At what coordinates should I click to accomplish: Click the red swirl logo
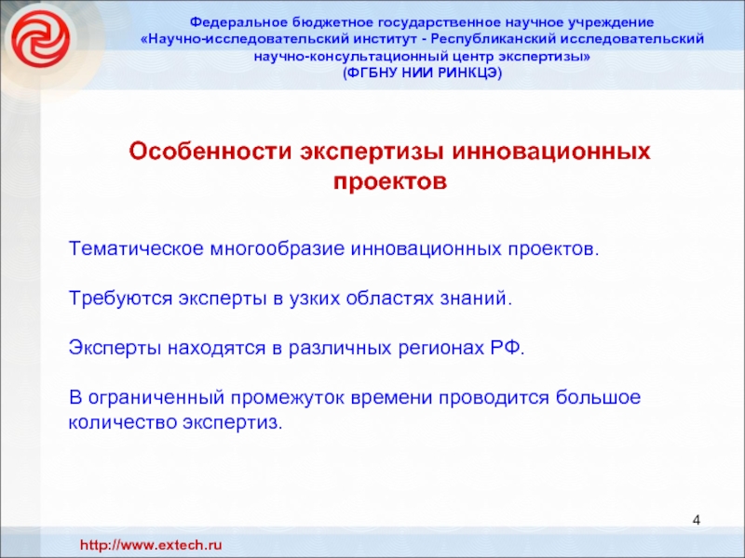click(40, 39)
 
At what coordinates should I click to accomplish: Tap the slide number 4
click(696, 521)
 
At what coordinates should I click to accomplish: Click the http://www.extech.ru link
click(151, 545)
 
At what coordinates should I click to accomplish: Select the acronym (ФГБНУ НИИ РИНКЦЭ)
click(423, 73)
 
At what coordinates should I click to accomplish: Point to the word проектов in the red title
click(390, 181)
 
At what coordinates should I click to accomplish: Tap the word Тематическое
click(136, 248)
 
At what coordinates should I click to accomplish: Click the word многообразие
click(278, 249)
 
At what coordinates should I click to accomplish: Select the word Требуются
click(121, 299)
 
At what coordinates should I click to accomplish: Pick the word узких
click(315, 299)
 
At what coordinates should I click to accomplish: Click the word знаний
click(476, 299)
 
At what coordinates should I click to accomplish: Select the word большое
click(598, 397)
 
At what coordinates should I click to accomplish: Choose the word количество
click(123, 422)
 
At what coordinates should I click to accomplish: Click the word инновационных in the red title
click(550, 152)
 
